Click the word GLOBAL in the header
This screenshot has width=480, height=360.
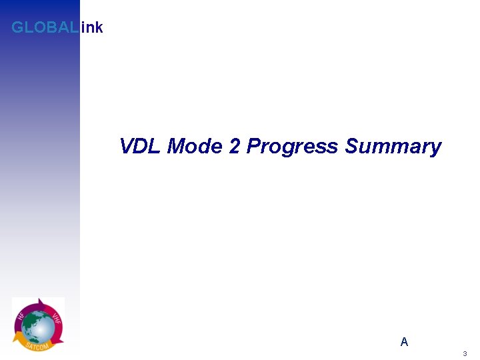[x=45, y=28]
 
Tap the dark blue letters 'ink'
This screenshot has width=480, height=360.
[x=91, y=28]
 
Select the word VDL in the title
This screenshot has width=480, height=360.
[x=141, y=146]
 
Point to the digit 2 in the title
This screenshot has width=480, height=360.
[x=234, y=146]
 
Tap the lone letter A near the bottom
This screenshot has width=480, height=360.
[x=404, y=342]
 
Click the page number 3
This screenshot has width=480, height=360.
[x=465, y=353]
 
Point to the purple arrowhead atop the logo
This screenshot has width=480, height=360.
[x=41, y=301]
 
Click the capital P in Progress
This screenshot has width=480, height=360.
[x=254, y=146]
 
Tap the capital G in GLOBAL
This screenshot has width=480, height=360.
[x=17, y=28]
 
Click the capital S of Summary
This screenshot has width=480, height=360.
[x=352, y=146]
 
